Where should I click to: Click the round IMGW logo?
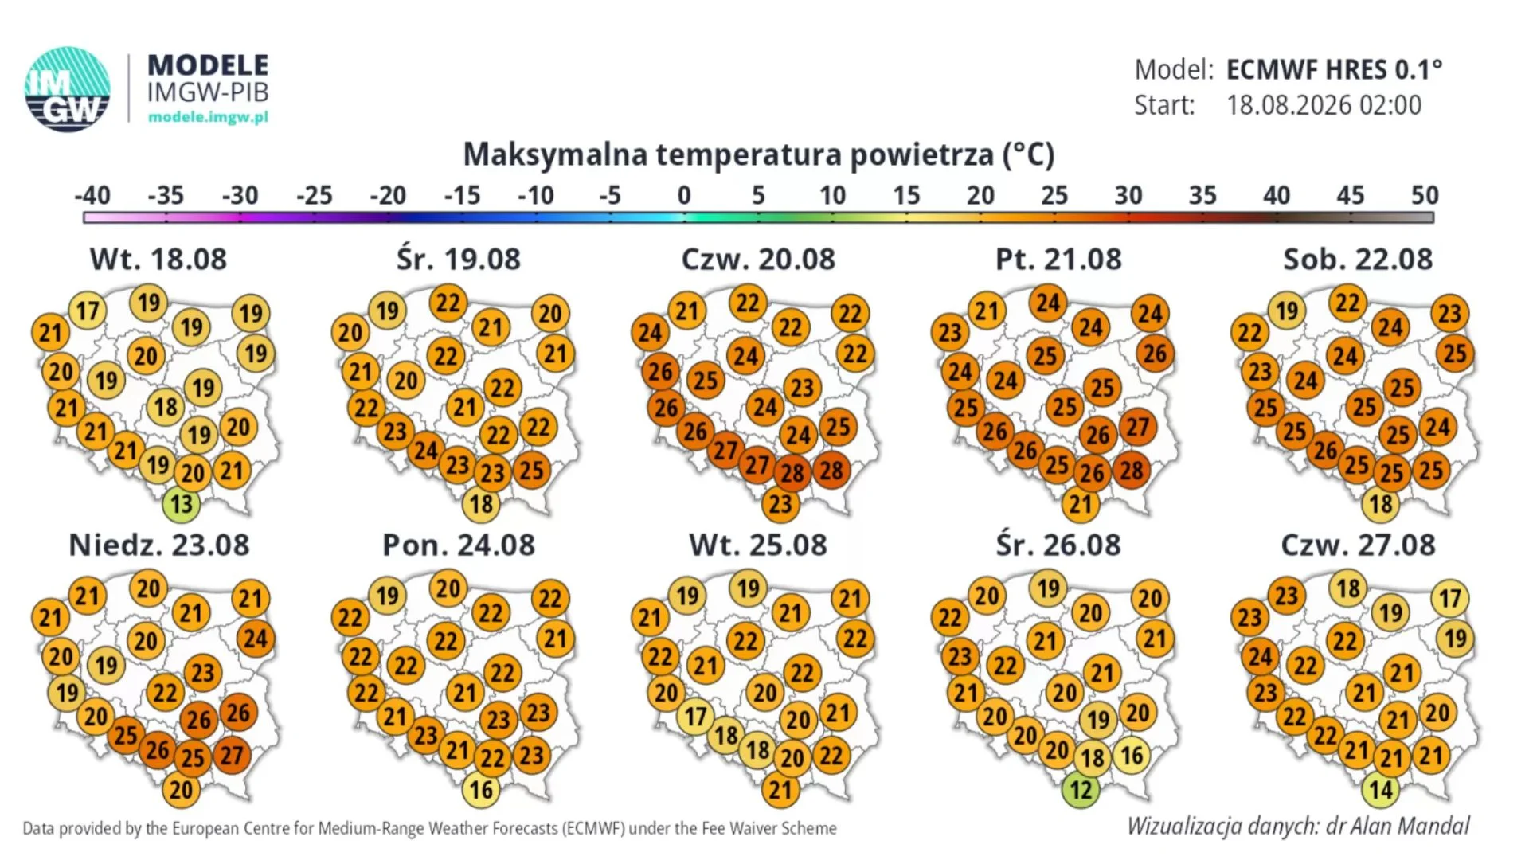coord(68,89)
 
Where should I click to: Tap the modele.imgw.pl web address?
coord(208,117)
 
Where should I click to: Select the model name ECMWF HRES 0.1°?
coord(1334,70)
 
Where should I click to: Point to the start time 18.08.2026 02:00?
coord(1324,105)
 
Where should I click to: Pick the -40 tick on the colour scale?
coord(92,195)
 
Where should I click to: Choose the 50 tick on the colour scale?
coord(1425,195)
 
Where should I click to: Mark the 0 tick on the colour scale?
coord(684,195)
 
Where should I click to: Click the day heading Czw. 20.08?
coord(758,260)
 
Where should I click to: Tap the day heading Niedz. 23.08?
coord(159,545)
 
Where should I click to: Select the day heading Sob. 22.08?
coord(1358,260)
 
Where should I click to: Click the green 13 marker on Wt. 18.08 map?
coord(182,504)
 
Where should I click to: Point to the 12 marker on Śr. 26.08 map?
coord(1081,790)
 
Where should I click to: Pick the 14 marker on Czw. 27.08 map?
coord(1381,790)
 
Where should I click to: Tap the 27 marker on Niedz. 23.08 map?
coord(232,754)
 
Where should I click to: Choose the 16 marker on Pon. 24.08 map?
coord(481,790)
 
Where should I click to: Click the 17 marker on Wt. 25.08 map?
coord(695,717)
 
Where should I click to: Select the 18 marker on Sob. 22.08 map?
coord(1381,504)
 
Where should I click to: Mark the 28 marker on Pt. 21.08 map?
coord(1132,470)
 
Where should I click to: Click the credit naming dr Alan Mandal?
coord(1298,826)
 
